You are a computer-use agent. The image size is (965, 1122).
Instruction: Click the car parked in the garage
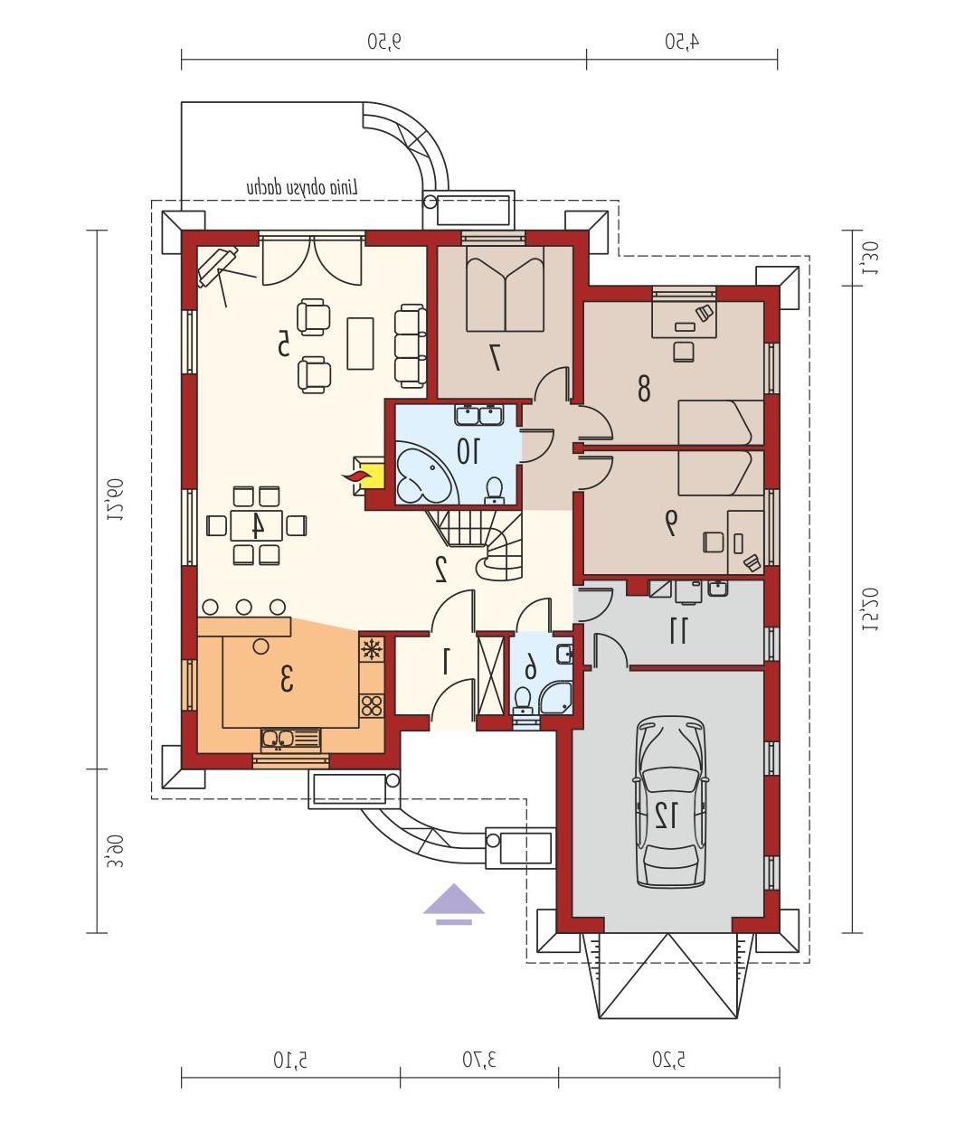pyautogui.click(x=671, y=802)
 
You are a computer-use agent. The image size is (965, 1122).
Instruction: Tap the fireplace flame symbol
pyautogui.click(x=356, y=476)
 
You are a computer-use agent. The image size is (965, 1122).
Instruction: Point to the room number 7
pyautogui.click(x=496, y=356)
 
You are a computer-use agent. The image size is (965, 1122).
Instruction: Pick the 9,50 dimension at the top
pyautogui.click(x=384, y=41)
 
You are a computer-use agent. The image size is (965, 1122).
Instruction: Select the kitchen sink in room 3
pyautogui.click(x=291, y=740)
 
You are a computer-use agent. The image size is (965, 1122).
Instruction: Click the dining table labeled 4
pyautogui.click(x=256, y=525)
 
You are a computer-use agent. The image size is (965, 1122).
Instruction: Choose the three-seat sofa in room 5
pyautogui.click(x=410, y=345)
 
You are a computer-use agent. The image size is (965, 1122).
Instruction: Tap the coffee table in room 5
pyautogui.click(x=360, y=344)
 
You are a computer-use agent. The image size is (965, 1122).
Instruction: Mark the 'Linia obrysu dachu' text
pyautogui.click(x=302, y=188)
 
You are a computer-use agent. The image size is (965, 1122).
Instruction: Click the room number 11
pyautogui.click(x=677, y=631)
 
